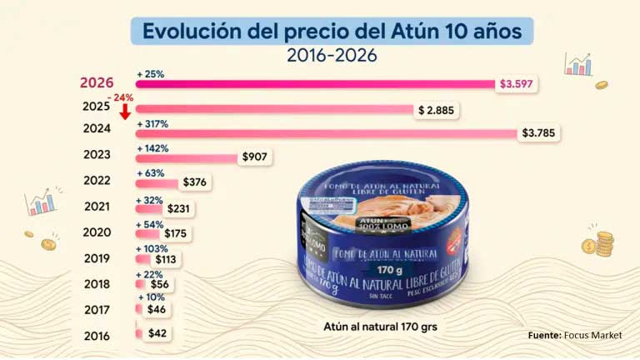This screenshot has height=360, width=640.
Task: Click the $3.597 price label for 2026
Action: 517,84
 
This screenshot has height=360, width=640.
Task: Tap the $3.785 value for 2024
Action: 539,132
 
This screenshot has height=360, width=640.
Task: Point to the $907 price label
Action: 255,157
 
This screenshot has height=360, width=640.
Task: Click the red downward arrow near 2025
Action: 123,111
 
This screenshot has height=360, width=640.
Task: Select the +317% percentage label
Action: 152,123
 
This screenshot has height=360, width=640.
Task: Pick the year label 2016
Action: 97,336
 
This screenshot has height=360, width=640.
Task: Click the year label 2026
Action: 97,82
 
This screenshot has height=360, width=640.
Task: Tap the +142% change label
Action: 152,148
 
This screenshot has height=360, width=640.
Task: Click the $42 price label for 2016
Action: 157,333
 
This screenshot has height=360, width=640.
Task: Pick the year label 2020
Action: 97,232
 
